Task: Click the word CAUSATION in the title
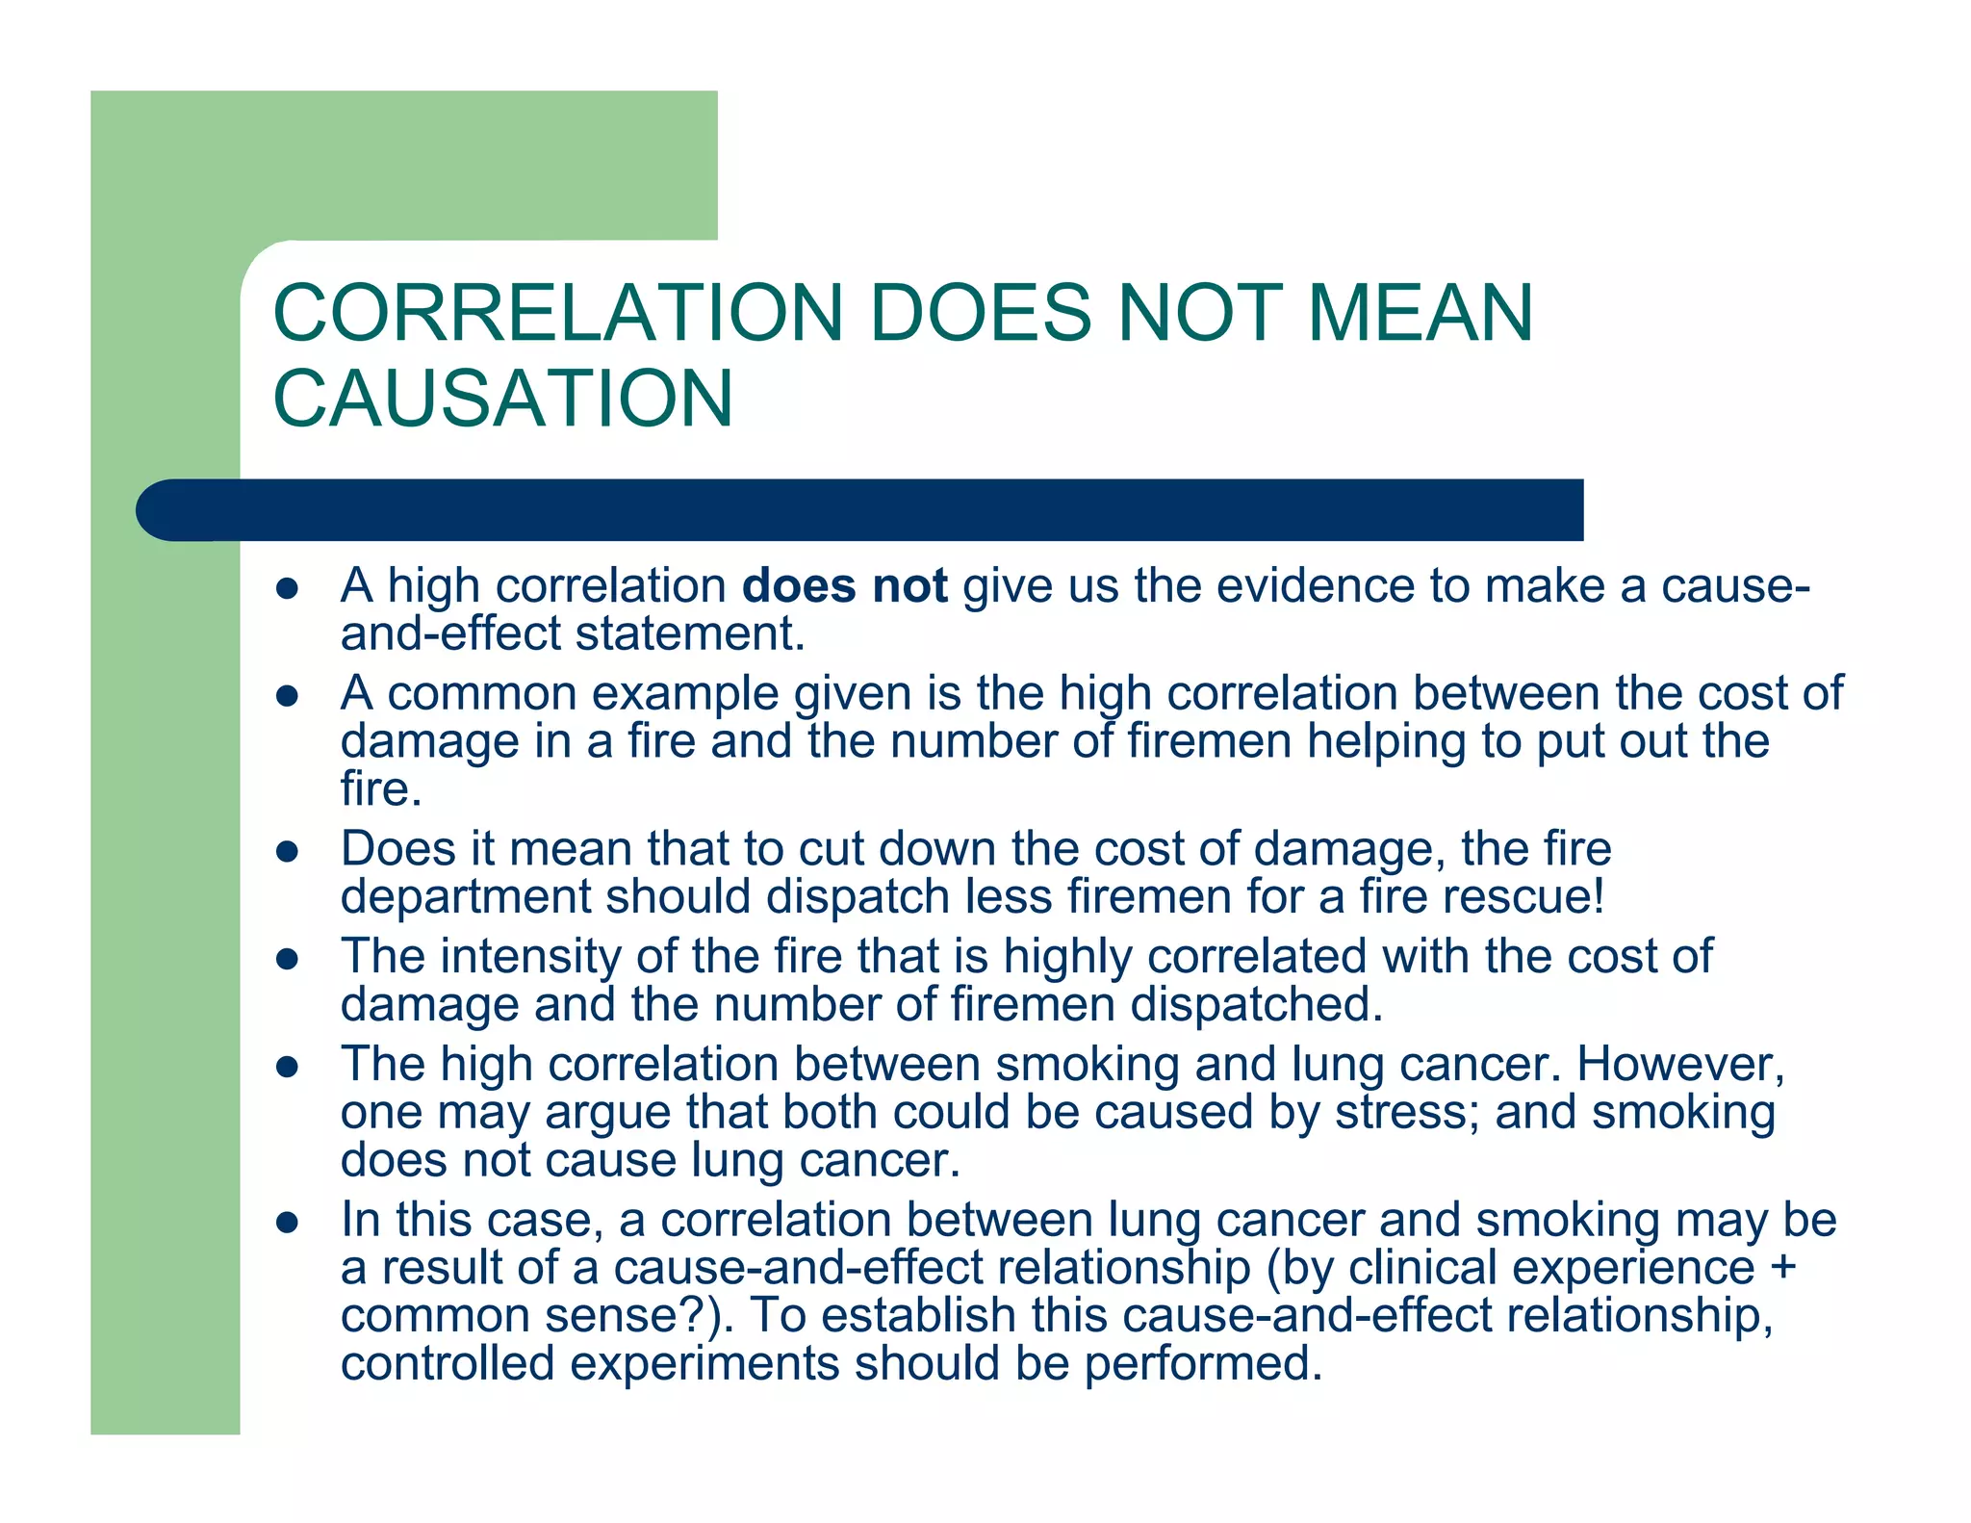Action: tap(502, 398)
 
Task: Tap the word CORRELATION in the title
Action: tap(557, 313)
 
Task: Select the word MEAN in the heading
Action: tap(1420, 313)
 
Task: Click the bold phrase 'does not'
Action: tap(844, 585)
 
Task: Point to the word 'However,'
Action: tap(1680, 1065)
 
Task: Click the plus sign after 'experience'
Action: tap(1783, 1268)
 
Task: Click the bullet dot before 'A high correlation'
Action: tap(288, 588)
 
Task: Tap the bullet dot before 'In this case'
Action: tap(288, 1223)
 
